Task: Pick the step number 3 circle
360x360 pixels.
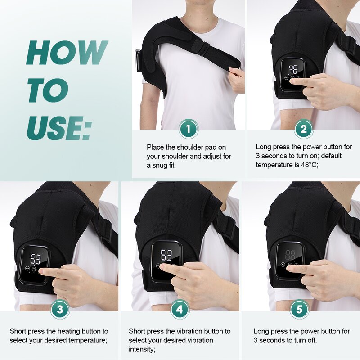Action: click(60, 309)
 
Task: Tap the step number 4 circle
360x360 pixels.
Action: click(180, 309)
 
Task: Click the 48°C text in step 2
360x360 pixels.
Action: click(306, 165)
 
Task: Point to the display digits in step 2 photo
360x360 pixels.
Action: click(293, 69)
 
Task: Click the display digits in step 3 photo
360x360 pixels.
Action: click(36, 259)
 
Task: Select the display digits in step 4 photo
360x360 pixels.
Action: click(166, 255)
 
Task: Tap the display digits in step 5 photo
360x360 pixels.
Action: click(290, 255)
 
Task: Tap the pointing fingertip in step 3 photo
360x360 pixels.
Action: click(41, 272)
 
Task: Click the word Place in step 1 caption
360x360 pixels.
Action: click(155, 147)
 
